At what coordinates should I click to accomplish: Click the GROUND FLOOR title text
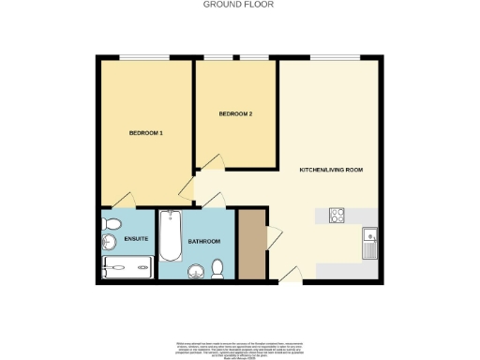click(x=239, y=5)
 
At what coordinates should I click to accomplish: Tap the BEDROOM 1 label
click(x=146, y=133)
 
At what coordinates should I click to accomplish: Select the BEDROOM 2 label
click(x=235, y=114)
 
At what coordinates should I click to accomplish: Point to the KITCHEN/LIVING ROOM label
click(x=330, y=170)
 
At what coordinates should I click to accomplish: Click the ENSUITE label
click(x=137, y=240)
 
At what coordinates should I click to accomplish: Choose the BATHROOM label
click(x=203, y=242)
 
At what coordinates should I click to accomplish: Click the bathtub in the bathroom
click(x=171, y=236)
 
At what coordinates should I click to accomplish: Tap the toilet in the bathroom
click(x=217, y=269)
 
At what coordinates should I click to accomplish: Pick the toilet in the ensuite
click(x=112, y=225)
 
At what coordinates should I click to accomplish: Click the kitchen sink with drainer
click(x=369, y=242)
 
